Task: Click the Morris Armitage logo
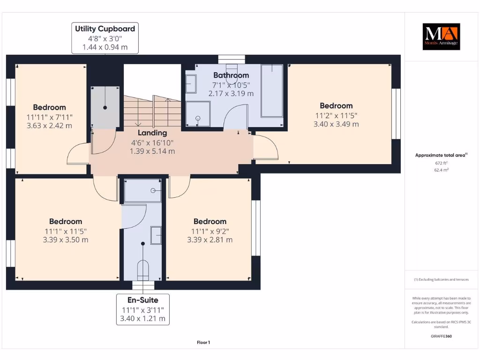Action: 441,37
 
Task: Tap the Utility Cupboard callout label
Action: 105,38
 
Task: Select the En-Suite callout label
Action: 143,309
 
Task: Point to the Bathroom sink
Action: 191,84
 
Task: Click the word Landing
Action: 152,133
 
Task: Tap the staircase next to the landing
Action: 152,111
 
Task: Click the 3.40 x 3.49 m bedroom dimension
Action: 336,124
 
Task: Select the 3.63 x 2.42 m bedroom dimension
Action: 49,126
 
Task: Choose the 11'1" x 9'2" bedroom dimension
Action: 210,231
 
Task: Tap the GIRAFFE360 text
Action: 441,336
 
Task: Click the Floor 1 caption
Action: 203,343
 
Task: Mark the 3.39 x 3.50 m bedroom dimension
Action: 66,240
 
